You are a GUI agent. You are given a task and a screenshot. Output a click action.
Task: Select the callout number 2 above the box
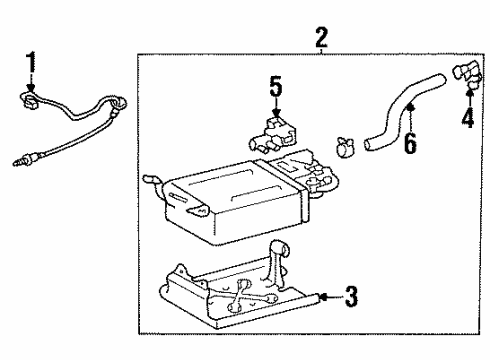321,39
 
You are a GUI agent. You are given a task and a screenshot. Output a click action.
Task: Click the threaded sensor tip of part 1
17,158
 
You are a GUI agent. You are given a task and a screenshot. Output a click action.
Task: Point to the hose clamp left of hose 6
343,144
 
